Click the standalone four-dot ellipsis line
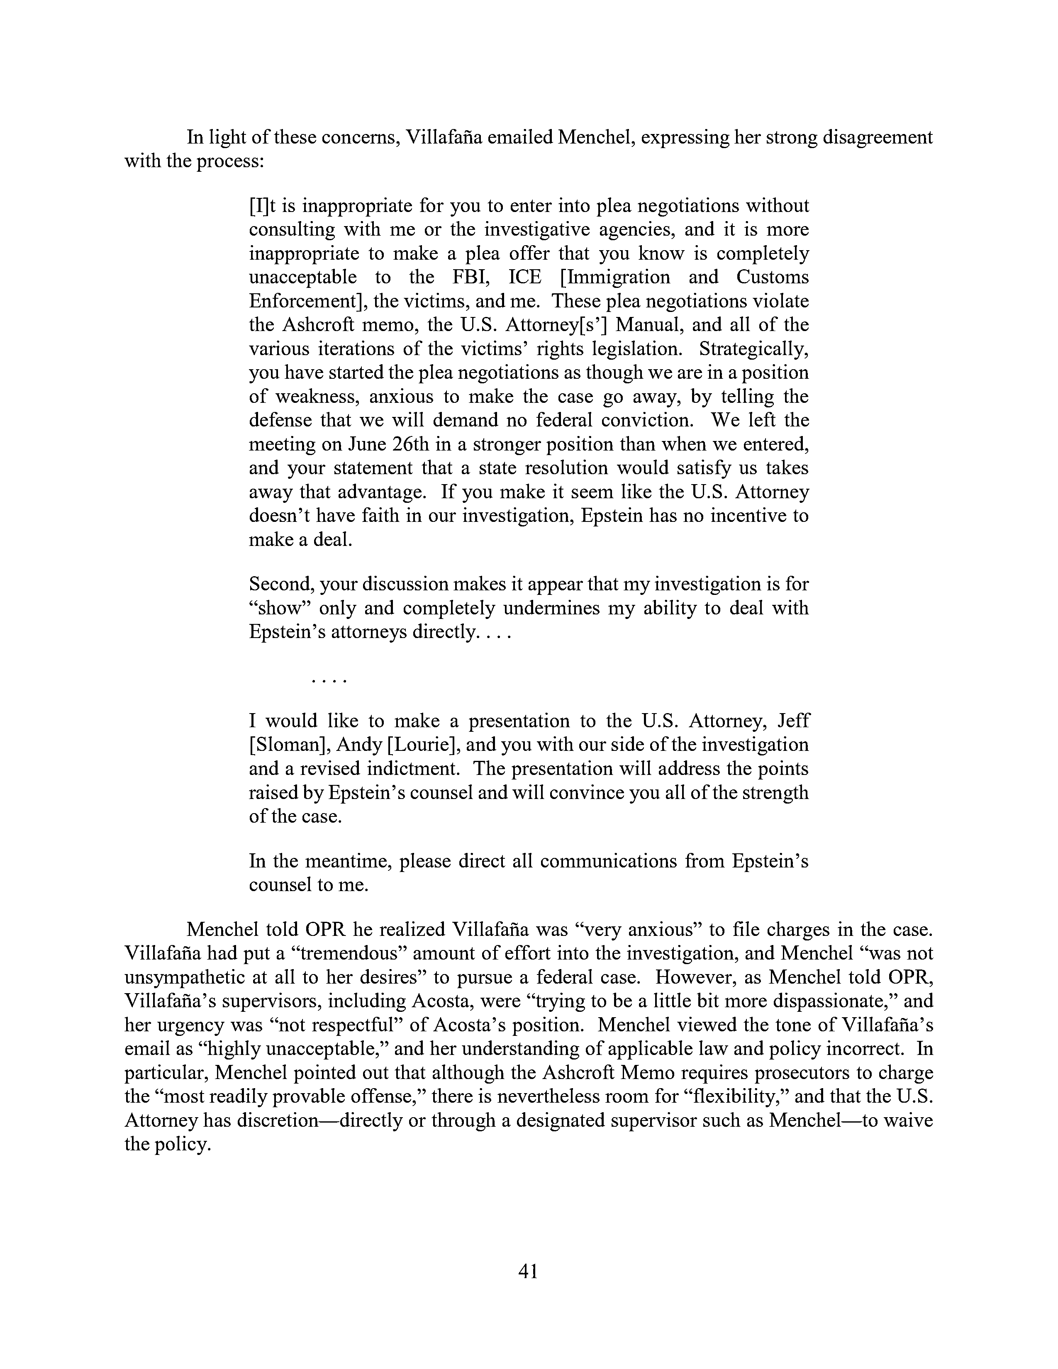click(x=329, y=680)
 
